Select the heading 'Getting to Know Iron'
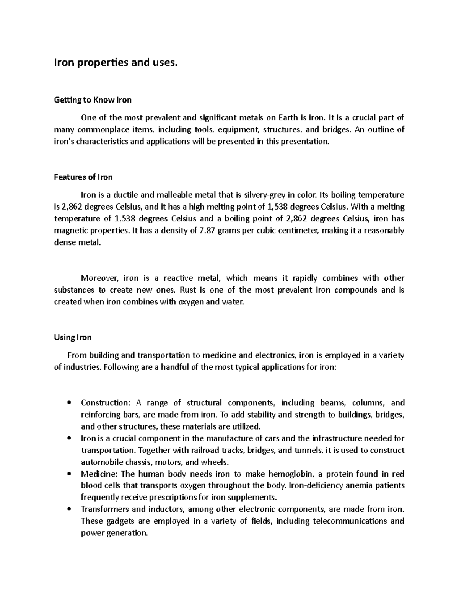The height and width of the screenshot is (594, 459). [x=93, y=100]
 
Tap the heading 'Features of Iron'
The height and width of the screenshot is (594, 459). [x=83, y=177]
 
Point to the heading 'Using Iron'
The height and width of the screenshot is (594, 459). [x=73, y=337]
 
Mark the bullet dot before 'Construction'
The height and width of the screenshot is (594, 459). [x=68, y=403]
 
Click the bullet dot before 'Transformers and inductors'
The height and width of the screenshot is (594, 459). [x=68, y=509]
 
